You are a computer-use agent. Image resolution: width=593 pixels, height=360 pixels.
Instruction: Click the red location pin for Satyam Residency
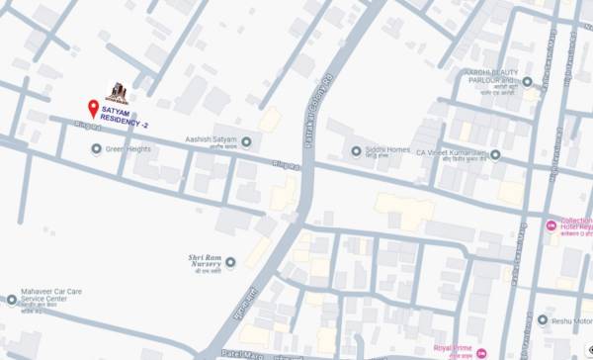94,108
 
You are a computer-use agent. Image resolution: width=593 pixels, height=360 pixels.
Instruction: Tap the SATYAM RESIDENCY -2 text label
131,119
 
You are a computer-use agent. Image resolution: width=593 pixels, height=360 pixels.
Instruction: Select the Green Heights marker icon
96,149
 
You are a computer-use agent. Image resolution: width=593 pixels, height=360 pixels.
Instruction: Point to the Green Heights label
128,149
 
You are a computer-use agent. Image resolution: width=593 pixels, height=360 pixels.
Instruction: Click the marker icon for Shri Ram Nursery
229,262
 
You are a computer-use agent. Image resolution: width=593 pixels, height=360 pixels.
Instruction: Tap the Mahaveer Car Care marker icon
12,299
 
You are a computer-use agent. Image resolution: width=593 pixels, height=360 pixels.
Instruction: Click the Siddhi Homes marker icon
357,150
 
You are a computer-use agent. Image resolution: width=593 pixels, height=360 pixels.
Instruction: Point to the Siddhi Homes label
387,151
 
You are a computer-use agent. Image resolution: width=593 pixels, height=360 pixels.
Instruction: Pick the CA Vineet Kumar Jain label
450,154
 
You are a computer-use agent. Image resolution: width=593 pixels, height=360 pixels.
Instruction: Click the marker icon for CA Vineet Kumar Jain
495,154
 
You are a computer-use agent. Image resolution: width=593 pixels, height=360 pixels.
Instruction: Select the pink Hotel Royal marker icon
550,226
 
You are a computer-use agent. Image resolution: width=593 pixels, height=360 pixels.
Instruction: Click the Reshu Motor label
571,319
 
